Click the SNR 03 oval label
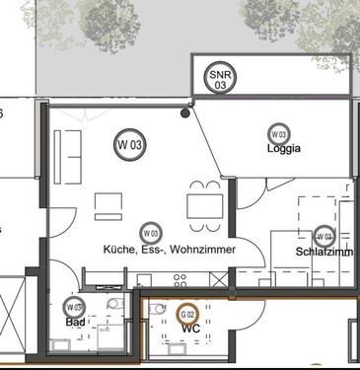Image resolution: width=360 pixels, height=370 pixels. click(x=218, y=78)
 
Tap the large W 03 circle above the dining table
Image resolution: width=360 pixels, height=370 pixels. click(x=130, y=145)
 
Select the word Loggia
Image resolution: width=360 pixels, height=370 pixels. click(x=283, y=150)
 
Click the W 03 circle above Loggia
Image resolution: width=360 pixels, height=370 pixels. click(x=278, y=133)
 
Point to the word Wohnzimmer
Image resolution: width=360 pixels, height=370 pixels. click(x=202, y=251)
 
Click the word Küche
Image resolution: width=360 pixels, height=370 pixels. click(x=120, y=251)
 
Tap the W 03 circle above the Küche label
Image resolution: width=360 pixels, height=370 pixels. click(x=150, y=233)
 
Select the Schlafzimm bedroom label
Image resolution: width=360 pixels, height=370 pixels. click(x=324, y=252)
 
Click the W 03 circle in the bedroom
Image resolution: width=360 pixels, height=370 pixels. click(x=324, y=236)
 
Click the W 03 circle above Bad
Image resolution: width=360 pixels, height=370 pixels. click(x=74, y=307)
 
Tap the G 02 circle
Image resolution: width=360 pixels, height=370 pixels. click(x=186, y=313)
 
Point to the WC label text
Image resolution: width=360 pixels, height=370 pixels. click(x=190, y=328)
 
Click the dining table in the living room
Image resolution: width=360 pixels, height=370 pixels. click(x=204, y=206)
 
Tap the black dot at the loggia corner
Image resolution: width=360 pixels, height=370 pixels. click(x=184, y=113)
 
